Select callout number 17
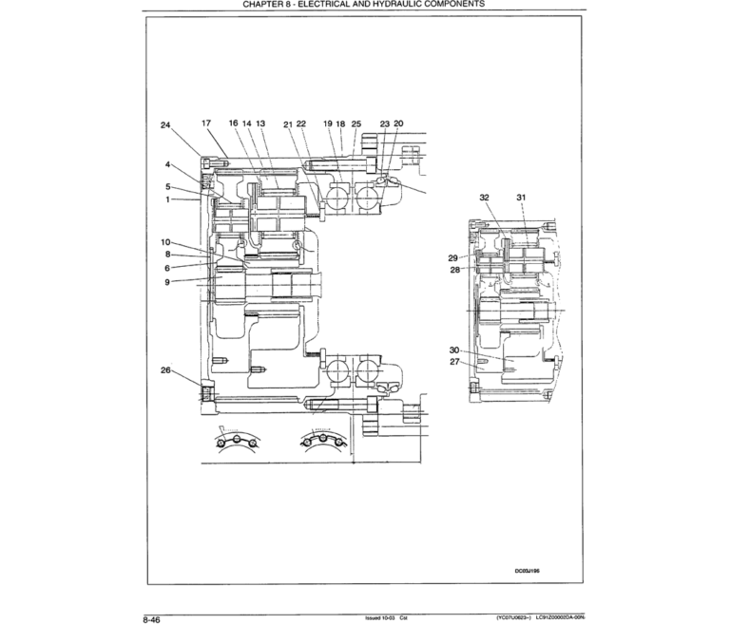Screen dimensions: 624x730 point(206,123)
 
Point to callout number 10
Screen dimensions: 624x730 point(165,242)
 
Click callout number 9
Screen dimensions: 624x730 point(167,282)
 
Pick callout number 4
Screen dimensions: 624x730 point(168,164)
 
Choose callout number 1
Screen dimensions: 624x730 point(168,199)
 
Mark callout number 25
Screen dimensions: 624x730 point(356,123)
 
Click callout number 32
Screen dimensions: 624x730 point(484,197)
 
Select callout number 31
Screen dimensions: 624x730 point(521,197)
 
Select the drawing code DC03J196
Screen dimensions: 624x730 point(528,572)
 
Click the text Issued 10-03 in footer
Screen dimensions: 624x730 point(380,617)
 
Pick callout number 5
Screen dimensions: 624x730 point(168,187)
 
